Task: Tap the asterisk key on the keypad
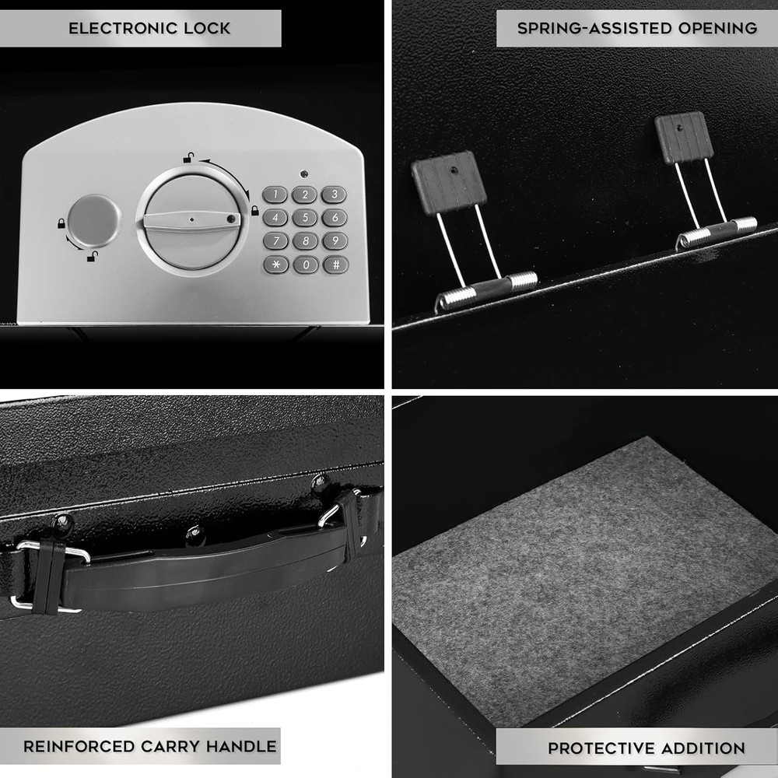[275, 265]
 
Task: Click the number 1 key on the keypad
[275, 195]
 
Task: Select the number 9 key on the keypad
[335, 241]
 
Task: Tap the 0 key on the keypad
[305, 265]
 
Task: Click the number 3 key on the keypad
[335, 195]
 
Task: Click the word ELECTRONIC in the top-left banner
[118, 29]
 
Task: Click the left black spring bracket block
[448, 183]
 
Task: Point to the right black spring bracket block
[683, 137]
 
